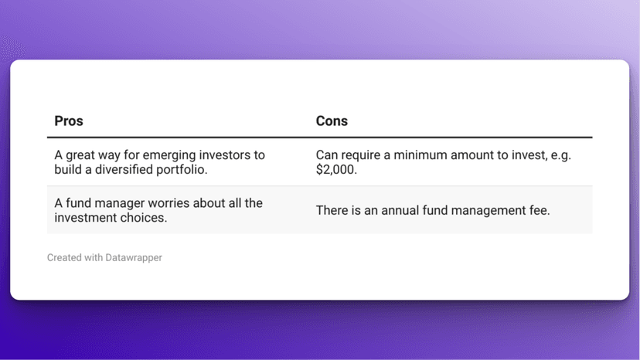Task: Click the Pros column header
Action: coord(69,121)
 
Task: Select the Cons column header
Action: coord(332,121)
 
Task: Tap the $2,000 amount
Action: coord(337,169)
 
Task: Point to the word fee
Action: coord(539,210)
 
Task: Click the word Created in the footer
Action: coord(64,257)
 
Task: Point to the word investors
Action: coord(216,155)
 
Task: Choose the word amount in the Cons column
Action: coord(473,155)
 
